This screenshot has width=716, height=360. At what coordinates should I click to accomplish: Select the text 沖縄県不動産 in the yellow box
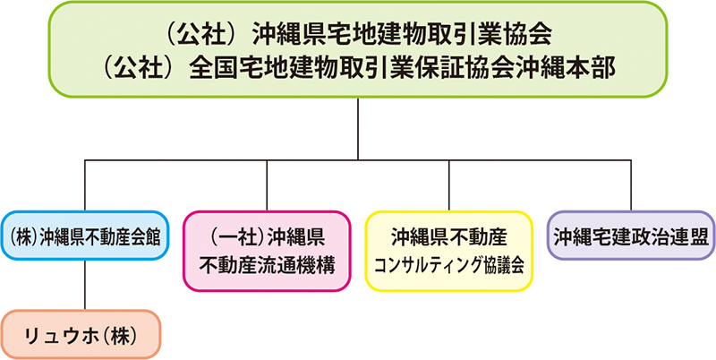click(x=449, y=236)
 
